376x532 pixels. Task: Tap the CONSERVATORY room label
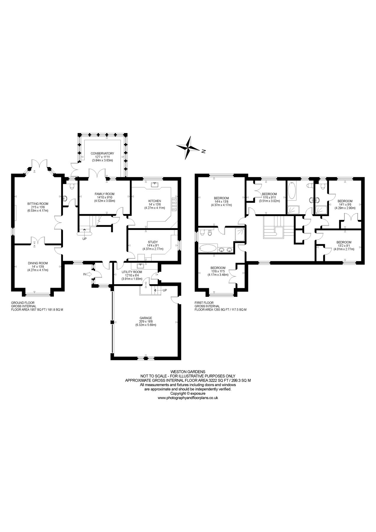pyautogui.click(x=102, y=153)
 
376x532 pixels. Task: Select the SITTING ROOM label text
pyautogui.click(x=38, y=204)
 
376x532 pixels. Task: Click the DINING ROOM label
pyautogui.click(x=38, y=263)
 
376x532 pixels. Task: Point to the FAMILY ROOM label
pyautogui.click(x=105, y=194)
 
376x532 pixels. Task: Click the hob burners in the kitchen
pyautogui.click(x=174, y=204)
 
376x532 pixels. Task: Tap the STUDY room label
pyautogui.click(x=153, y=242)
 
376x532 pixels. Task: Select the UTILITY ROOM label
pyautogui.click(x=132, y=272)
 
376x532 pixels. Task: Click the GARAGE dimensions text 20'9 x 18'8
pyautogui.click(x=145, y=321)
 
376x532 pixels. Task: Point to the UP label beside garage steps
pyautogui.click(x=165, y=290)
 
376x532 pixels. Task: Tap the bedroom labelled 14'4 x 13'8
pyautogui.click(x=221, y=198)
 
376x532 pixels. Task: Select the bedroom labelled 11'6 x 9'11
pyautogui.click(x=269, y=194)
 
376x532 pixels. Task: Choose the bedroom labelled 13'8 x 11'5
pyautogui.click(x=218, y=268)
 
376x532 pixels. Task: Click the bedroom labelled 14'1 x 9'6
pyautogui.click(x=345, y=201)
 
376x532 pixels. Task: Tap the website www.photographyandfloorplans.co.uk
pyautogui.click(x=188, y=398)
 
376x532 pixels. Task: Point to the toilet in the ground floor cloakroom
pyautogui.click(x=65, y=199)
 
